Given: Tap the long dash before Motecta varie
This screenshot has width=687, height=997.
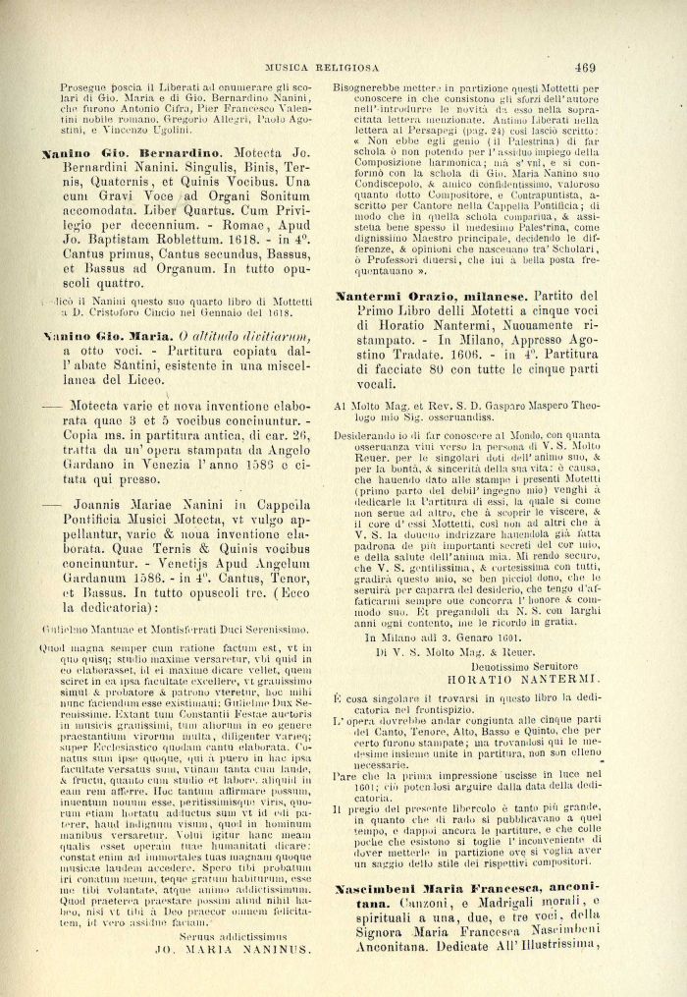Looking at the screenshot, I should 48,406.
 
